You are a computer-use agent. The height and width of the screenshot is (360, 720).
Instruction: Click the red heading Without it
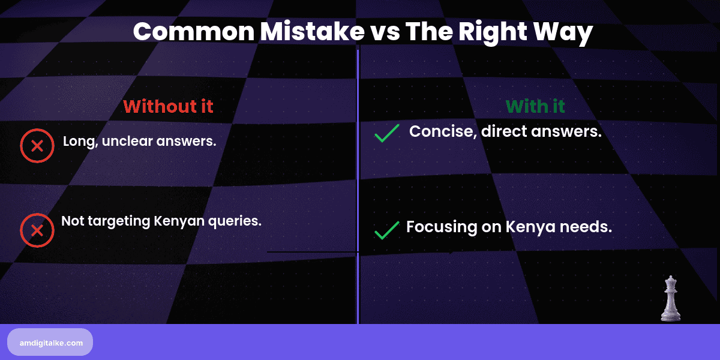point(168,106)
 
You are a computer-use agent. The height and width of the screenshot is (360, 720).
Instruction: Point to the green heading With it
point(535,106)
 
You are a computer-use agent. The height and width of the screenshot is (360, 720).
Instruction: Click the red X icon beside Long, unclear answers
point(37,146)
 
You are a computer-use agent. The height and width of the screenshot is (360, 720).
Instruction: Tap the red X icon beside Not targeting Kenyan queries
point(37,230)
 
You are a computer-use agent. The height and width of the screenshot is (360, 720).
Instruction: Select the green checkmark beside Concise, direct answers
point(387,133)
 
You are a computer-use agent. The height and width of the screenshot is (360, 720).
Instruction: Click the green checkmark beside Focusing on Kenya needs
point(387,230)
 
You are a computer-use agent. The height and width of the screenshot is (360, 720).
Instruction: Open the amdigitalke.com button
point(50,343)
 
